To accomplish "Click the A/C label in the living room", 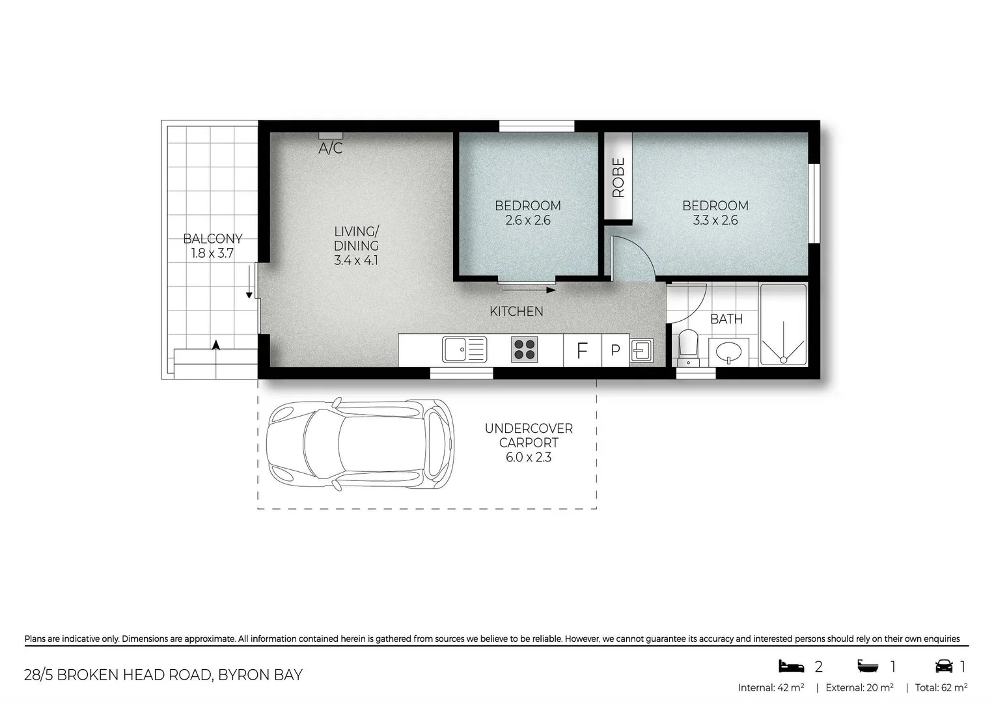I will pyautogui.click(x=330, y=148).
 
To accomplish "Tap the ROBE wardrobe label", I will pyautogui.click(x=618, y=177).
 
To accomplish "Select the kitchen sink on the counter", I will pyautogui.click(x=464, y=350).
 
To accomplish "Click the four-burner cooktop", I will pyautogui.click(x=524, y=350).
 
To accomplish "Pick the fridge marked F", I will pyautogui.click(x=582, y=351).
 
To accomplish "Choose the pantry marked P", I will pyautogui.click(x=615, y=351).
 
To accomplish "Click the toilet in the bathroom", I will pyautogui.click(x=688, y=348).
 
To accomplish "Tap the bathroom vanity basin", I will pyautogui.click(x=728, y=353).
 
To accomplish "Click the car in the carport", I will pyautogui.click(x=360, y=444).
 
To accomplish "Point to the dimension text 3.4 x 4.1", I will pyautogui.click(x=355, y=260).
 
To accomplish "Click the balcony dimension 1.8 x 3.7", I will pyautogui.click(x=212, y=253).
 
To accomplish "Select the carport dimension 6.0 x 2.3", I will pyautogui.click(x=529, y=458).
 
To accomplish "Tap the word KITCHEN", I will pyautogui.click(x=516, y=312).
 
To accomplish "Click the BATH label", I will pyautogui.click(x=726, y=319).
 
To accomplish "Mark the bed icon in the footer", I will pyautogui.click(x=791, y=666).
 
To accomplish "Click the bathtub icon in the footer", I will pyautogui.click(x=868, y=666).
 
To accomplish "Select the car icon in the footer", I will pyautogui.click(x=943, y=666).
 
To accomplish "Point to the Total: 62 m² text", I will pyautogui.click(x=941, y=687).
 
